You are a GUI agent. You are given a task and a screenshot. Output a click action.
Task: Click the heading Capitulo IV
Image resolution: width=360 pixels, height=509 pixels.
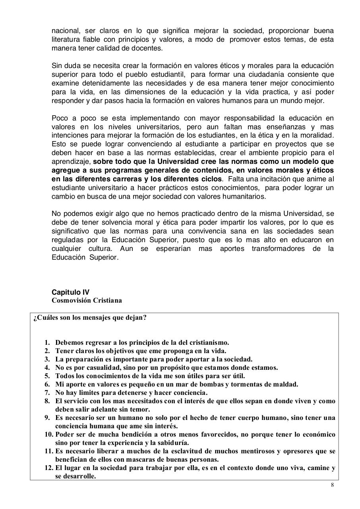click(x=70, y=292)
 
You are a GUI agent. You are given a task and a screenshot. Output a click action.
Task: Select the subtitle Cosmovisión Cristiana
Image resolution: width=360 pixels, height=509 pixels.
click(x=87, y=301)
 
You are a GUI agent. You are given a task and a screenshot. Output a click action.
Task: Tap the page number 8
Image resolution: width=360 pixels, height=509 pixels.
click(x=332, y=485)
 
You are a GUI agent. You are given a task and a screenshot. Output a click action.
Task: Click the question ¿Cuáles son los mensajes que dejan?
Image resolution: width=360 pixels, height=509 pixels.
click(x=90, y=318)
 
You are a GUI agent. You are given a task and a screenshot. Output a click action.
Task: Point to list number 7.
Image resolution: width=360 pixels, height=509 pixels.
click(x=47, y=393)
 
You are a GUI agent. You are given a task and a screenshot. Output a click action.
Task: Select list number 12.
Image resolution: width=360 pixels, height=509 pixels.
click(x=48, y=468)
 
